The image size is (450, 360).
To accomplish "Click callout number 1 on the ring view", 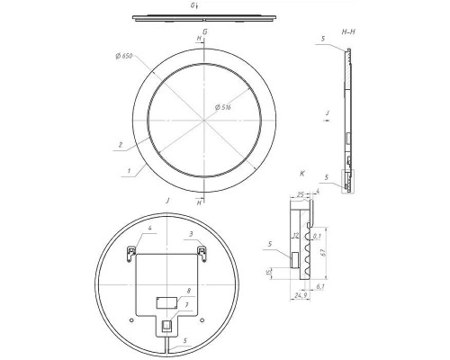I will point(130,168).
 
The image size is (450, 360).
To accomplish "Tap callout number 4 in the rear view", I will point(141,232).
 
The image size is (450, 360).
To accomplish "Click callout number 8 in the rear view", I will point(188,291).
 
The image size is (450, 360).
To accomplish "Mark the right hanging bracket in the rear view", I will point(202,249).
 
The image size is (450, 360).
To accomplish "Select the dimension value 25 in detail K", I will point(299,192).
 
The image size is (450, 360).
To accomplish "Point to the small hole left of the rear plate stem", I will point(134,317).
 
